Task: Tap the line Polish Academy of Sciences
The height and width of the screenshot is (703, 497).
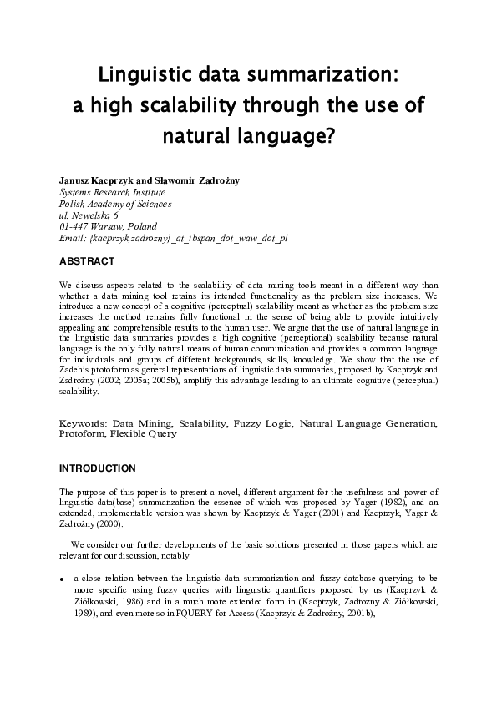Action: pyautogui.click(x=115, y=204)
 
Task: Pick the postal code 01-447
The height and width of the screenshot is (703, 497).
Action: pyautogui.click(x=74, y=227)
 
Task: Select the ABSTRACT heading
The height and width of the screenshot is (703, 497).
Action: pyautogui.click(x=87, y=261)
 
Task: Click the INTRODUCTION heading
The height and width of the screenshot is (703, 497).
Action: pyautogui.click(x=97, y=468)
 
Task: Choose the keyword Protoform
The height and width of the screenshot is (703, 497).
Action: pyautogui.click(x=80, y=435)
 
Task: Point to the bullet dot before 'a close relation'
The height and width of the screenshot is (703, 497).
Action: pyautogui.click(x=63, y=579)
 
